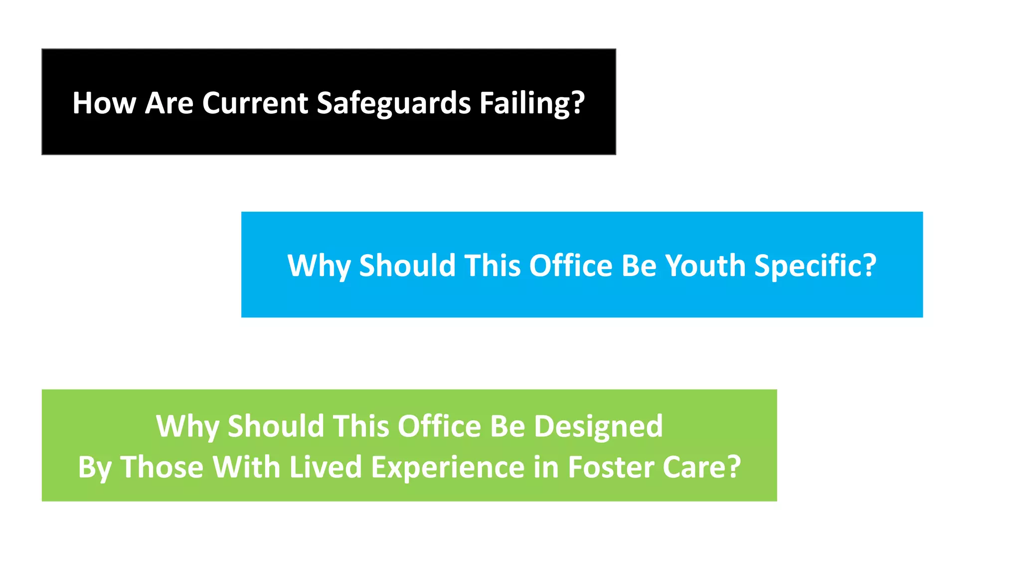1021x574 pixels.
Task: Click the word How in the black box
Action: point(104,103)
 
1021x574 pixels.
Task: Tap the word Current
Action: point(255,103)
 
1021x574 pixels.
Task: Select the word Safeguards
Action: point(394,103)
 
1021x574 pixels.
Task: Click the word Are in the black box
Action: point(169,103)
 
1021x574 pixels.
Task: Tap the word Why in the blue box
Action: point(319,266)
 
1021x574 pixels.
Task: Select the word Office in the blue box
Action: point(570,266)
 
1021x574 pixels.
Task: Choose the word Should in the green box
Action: point(276,427)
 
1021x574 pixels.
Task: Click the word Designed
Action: point(598,427)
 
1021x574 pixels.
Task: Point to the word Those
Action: point(162,467)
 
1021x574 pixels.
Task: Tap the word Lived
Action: point(326,467)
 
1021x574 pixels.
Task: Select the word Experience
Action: point(447,467)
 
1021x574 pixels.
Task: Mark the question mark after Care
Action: point(733,467)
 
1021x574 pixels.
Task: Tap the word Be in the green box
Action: point(508,427)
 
